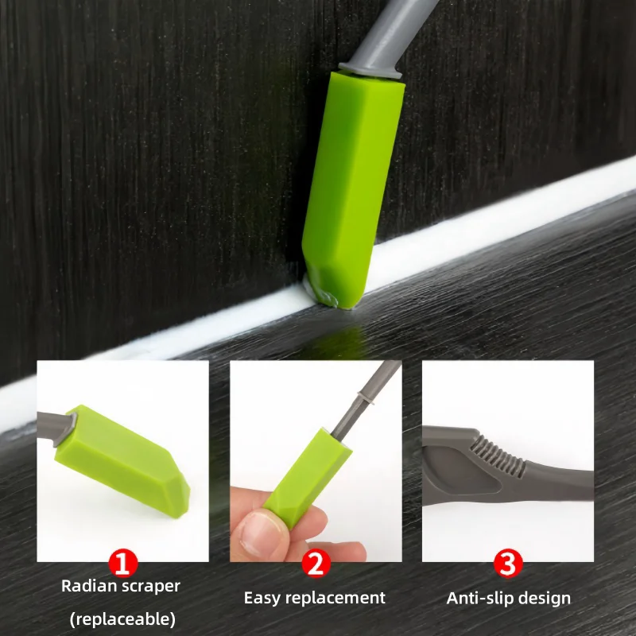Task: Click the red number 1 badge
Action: [122, 563]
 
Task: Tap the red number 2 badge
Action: [316, 563]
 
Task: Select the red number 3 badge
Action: [508, 563]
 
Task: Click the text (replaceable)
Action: [122, 619]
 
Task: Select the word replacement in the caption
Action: [337, 599]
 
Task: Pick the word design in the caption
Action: [546, 598]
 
